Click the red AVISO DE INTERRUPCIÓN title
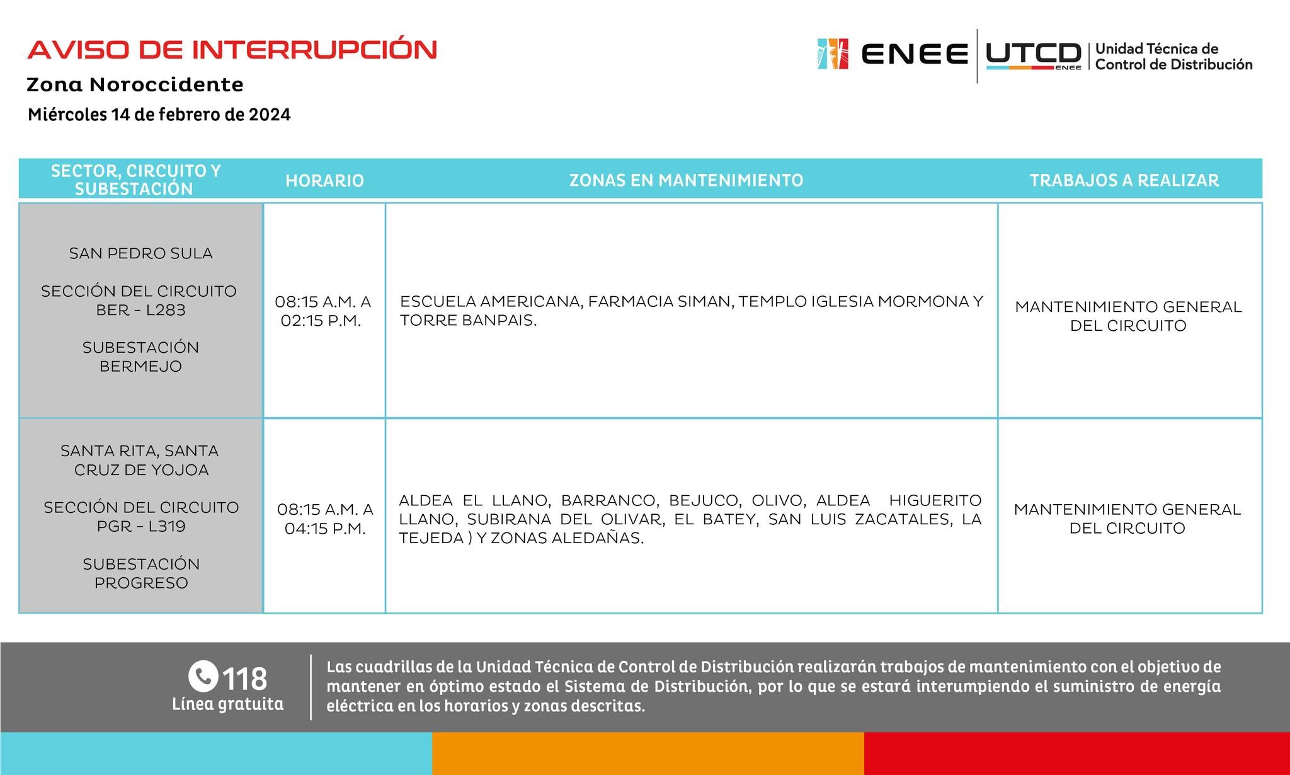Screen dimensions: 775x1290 232,50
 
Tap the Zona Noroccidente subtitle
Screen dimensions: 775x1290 135,84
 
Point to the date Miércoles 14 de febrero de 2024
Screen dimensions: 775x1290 159,115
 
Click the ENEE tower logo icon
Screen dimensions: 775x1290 833,54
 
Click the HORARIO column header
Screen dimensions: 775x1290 324,181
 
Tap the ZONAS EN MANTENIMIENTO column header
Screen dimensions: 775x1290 686,181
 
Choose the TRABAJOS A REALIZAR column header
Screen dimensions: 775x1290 1124,181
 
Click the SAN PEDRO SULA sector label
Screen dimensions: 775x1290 140,253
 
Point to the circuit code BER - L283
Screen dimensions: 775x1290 140,310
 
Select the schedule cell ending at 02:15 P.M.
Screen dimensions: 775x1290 322,311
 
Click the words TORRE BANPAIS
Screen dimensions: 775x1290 468,321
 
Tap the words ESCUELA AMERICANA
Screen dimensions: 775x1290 489,302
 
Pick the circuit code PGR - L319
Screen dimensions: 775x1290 141,526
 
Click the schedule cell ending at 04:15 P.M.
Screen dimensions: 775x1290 325,519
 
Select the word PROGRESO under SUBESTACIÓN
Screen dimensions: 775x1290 141,583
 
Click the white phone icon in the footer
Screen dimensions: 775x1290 203,677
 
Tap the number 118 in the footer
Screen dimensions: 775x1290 245,679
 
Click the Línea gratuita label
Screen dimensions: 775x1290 227,704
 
